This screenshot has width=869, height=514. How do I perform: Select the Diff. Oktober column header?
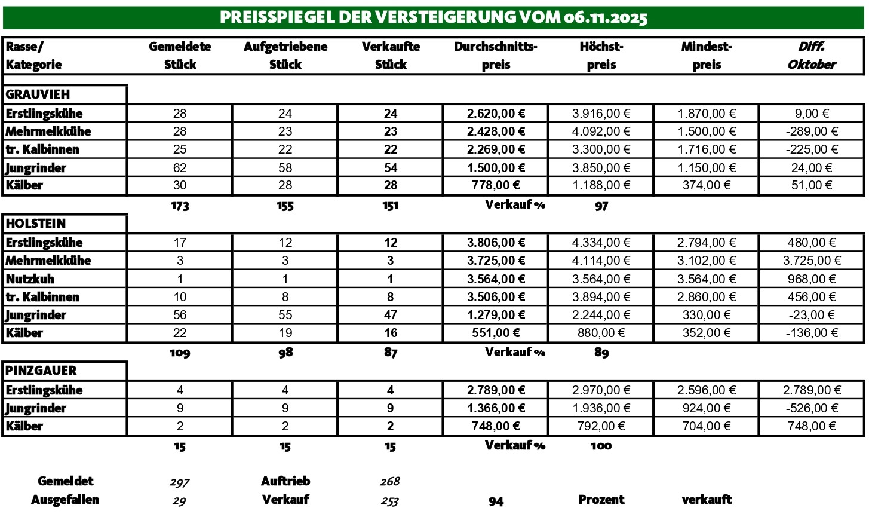point(811,56)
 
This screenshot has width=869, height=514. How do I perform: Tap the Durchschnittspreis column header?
point(496,56)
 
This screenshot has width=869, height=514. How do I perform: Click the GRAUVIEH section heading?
point(38,94)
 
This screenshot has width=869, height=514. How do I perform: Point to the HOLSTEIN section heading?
point(36,224)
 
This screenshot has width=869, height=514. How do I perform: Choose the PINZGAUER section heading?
point(41,371)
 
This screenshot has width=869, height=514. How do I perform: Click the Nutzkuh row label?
point(32,279)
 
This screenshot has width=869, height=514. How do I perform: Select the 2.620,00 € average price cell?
point(496,114)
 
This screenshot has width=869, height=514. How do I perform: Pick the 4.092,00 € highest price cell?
point(601,131)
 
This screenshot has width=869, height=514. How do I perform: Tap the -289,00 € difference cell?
point(811,131)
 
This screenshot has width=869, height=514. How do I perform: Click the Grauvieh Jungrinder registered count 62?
point(180,168)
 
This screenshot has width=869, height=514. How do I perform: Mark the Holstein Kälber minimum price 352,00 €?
point(707,333)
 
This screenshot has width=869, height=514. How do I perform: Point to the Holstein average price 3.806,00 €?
point(496,243)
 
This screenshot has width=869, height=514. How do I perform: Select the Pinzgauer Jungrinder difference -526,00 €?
point(811,408)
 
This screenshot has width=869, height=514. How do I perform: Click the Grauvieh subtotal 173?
point(180,206)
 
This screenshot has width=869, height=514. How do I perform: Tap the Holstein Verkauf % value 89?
point(601,353)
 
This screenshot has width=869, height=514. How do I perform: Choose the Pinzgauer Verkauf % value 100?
point(601,446)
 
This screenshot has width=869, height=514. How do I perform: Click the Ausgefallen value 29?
point(179,501)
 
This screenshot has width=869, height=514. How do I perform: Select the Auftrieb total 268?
point(390,482)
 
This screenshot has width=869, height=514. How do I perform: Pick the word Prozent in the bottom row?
point(601,500)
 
